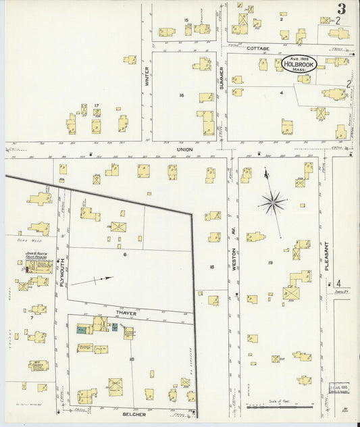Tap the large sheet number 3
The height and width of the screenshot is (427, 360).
tap(342, 9)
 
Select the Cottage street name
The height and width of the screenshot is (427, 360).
tap(257, 49)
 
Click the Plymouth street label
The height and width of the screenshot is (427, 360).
tap(61, 273)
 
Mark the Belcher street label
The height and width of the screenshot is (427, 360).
tap(133, 413)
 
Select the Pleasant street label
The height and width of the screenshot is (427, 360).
tap(327, 256)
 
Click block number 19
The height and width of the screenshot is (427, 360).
tap(269, 262)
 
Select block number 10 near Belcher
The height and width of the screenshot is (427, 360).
tap(131, 359)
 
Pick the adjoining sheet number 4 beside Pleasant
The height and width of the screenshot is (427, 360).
tap(339, 283)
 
